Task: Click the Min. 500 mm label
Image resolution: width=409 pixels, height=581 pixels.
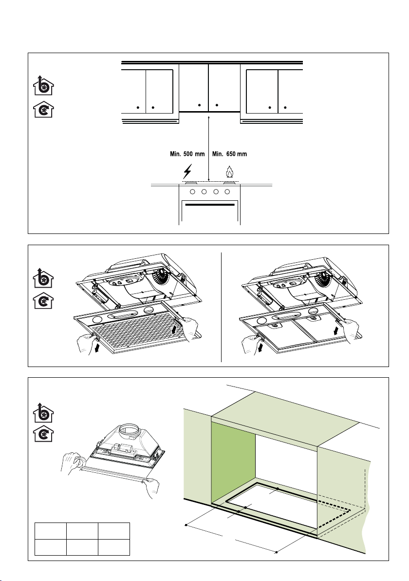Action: pos(187,154)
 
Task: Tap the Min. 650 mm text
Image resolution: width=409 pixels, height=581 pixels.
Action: pos(229,154)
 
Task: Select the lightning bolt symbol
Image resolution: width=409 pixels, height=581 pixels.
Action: pos(187,171)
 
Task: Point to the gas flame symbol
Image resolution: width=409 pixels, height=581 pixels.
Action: pos(229,172)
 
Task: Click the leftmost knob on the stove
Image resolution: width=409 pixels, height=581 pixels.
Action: pos(192,192)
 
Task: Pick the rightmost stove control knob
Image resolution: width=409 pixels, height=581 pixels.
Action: pos(227,192)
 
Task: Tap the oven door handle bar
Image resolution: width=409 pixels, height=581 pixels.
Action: pos(209,205)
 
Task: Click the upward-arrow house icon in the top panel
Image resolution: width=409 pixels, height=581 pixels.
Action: pos(43,85)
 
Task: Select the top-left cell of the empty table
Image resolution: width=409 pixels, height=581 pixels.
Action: pos(51,531)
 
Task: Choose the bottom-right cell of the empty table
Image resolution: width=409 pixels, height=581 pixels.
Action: pos(114,547)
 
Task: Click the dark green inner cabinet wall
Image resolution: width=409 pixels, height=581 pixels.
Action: pos(233,463)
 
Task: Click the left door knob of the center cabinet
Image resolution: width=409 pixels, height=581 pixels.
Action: pos(200,105)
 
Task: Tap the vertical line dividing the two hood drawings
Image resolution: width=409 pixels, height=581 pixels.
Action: pos(222,307)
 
